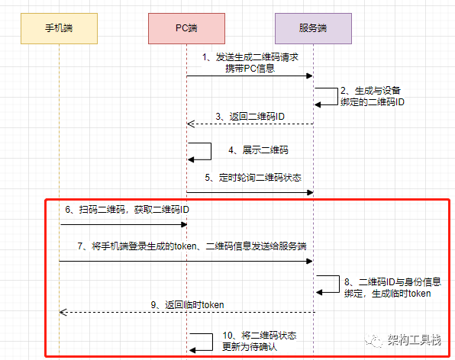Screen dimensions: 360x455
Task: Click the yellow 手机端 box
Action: point(60,27)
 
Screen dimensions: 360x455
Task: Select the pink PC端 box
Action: point(186,27)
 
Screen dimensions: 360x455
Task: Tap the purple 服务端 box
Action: point(313,27)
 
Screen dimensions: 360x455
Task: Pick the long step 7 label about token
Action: point(187,246)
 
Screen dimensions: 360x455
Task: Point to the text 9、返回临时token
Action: point(187,304)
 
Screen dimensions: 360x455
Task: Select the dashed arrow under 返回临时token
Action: point(186,312)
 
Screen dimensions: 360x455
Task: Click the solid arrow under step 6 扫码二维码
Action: point(124,224)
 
